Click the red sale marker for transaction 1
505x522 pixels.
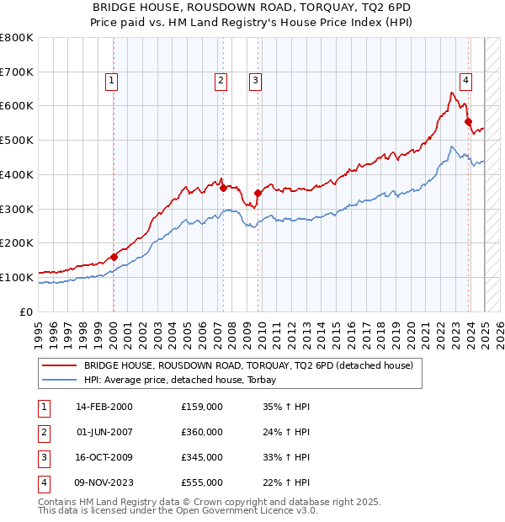click(114, 257)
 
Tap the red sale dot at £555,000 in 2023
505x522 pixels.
click(468, 122)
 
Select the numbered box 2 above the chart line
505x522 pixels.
click(221, 81)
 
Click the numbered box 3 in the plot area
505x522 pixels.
click(254, 81)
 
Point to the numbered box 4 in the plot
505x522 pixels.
click(465, 81)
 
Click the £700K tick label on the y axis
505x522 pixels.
click(17, 72)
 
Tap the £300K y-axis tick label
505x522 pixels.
click(17, 209)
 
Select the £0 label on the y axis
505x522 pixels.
click(27, 312)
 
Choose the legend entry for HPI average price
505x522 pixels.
click(185, 380)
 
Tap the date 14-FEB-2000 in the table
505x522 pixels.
click(104, 407)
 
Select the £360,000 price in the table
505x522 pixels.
click(202, 432)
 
